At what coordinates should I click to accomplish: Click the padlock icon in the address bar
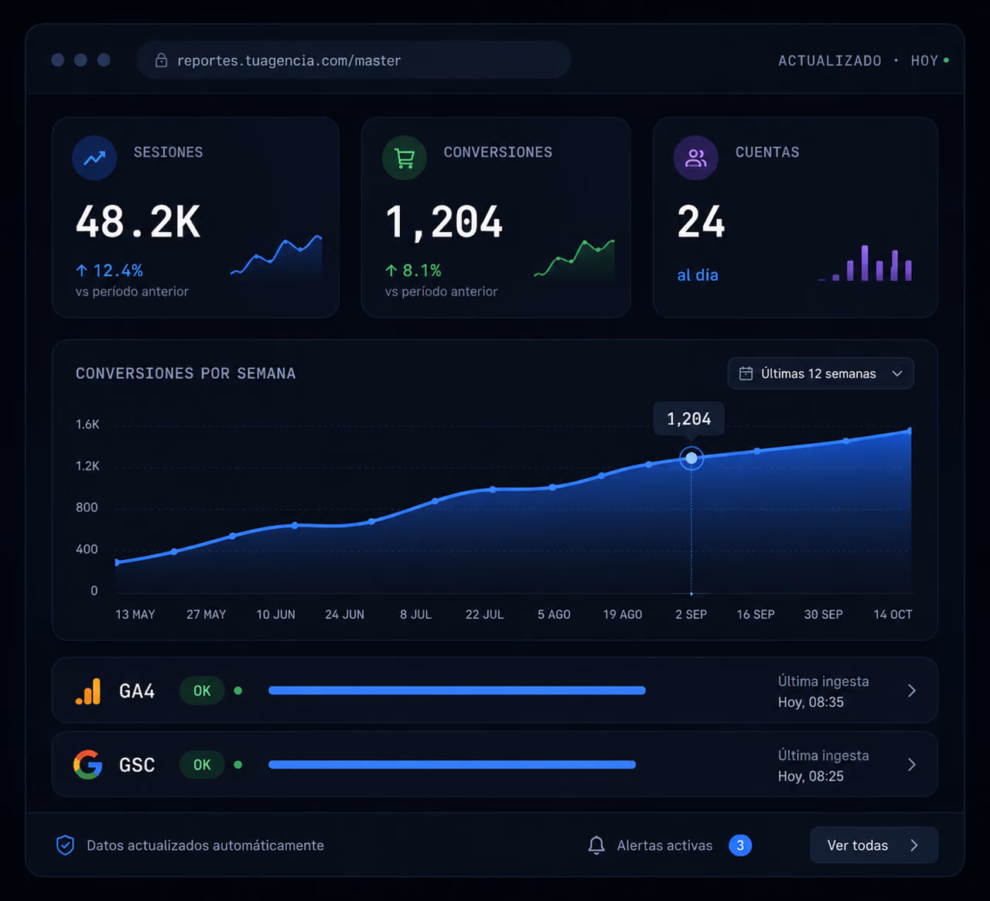(x=161, y=60)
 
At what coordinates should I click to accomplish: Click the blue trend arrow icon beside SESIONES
(x=94, y=158)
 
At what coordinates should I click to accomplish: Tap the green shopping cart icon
(x=405, y=158)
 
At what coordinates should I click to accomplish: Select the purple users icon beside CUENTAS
(x=696, y=158)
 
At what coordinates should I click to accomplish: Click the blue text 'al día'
(x=698, y=275)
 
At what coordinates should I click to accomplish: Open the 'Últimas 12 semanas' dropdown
(x=821, y=374)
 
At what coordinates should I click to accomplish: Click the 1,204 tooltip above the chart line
(x=689, y=418)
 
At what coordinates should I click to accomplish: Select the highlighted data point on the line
(x=691, y=458)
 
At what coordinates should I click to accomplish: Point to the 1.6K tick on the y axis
(x=87, y=424)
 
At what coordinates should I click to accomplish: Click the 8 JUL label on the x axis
(x=415, y=614)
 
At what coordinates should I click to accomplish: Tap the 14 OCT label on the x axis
(x=893, y=614)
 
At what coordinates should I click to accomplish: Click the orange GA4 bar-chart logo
(x=88, y=691)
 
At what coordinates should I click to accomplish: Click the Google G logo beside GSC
(x=88, y=764)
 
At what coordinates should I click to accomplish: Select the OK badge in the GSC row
(x=202, y=765)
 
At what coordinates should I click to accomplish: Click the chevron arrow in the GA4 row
(x=912, y=691)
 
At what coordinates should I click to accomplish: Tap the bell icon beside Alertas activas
(x=596, y=845)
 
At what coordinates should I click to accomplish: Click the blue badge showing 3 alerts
(x=739, y=845)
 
